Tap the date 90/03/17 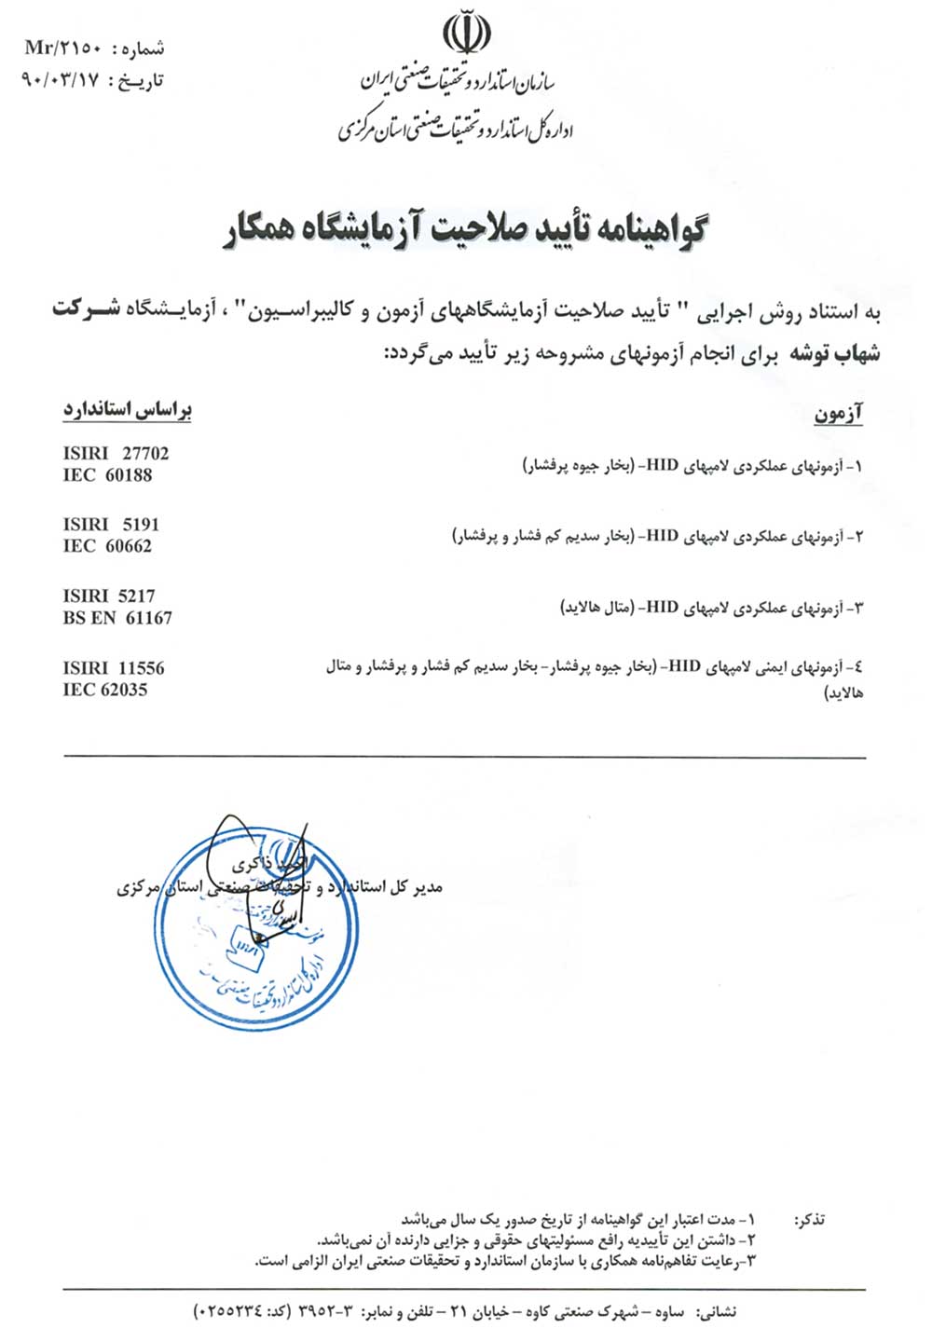pyautogui.click(x=60, y=80)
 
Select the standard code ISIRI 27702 pyautogui.click(x=116, y=454)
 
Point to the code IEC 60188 pyautogui.click(x=107, y=475)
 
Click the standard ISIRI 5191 pyautogui.click(x=111, y=525)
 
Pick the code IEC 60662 pyautogui.click(x=107, y=546)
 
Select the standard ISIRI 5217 pyautogui.click(x=109, y=596)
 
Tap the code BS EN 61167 pyautogui.click(x=117, y=618)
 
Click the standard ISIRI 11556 pyautogui.click(x=113, y=668)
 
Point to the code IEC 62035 pyautogui.click(x=105, y=690)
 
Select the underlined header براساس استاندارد pyautogui.click(x=128, y=410)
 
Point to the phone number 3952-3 pyautogui.click(x=328, y=1312)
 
